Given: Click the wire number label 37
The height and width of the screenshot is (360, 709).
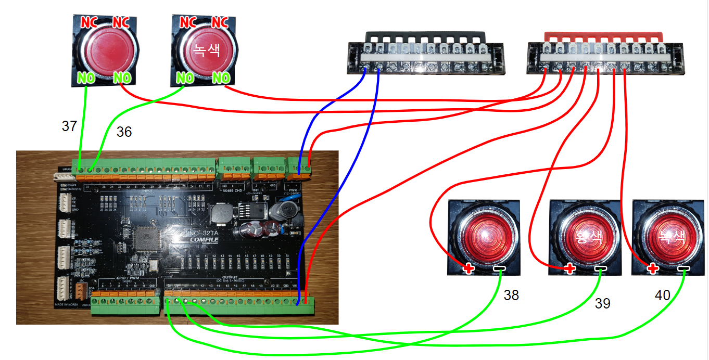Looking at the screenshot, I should pyautogui.click(x=69, y=126).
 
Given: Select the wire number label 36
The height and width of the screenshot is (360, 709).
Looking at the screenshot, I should pyautogui.click(x=124, y=132).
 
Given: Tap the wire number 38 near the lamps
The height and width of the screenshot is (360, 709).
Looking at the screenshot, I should pyautogui.click(x=511, y=295).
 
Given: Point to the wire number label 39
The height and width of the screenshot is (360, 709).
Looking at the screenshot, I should pyautogui.click(x=602, y=303).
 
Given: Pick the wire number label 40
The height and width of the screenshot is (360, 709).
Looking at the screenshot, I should pyautogui.click(x=662, y=295).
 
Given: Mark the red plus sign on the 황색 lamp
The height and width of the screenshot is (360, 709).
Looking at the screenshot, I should pyautogui.click(x=569, y=269).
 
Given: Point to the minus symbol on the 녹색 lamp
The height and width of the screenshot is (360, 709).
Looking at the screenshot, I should pyautogui.click(x=683, y=269).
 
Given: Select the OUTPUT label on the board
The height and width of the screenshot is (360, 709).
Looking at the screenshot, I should pyautogui.click(x=229, y=277).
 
